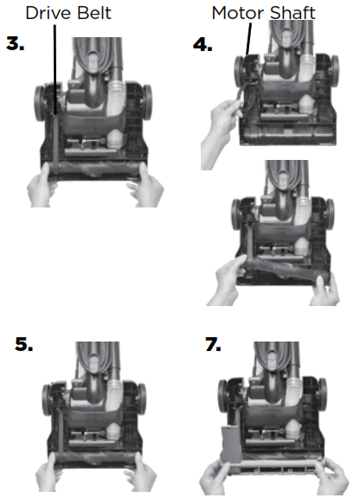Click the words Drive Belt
pos(68,13)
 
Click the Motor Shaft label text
pos(263,13)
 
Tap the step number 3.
pos(15,44)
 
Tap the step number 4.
pos(202,44)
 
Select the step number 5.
pos(23,344)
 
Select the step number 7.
pos(213,344)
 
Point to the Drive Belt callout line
pos(55,69)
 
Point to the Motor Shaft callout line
pos(248,40)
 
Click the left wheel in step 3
pos(40,103)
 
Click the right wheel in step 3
pos(147,102)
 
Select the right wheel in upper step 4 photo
pos(334,71)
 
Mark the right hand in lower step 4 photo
pos(325,290)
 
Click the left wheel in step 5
pos(47,399)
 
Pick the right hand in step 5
pos(141,473)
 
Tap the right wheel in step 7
pos(322,394)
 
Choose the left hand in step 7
pos(216,476)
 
